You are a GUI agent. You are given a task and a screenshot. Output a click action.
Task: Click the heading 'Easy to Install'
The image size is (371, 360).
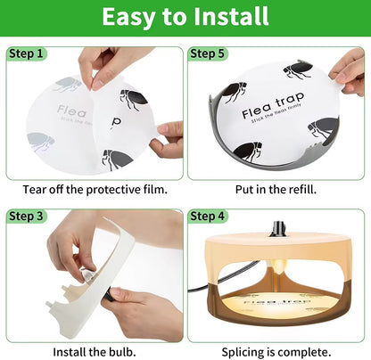(185, 17)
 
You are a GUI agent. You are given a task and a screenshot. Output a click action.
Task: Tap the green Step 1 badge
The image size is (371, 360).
(27, 54)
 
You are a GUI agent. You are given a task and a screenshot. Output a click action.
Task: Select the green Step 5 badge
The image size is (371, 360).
(210, 54)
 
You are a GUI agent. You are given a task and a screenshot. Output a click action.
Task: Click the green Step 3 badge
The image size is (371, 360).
(27, 217)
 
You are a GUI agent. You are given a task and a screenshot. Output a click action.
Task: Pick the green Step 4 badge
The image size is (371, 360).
(210, 217)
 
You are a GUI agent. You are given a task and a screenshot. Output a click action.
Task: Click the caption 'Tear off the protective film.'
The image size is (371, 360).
(94, 189)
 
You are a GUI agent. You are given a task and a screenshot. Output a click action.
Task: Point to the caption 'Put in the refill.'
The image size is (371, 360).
(276, 189)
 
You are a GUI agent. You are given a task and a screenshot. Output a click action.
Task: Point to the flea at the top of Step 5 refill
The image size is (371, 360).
(297, 70)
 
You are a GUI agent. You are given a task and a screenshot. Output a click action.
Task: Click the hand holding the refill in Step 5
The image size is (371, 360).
(349, 71)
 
